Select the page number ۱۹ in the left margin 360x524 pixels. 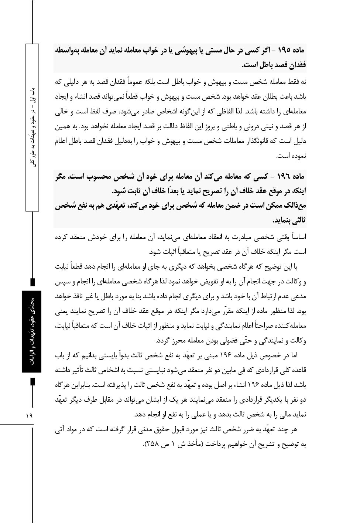click(x=29, y=416)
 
